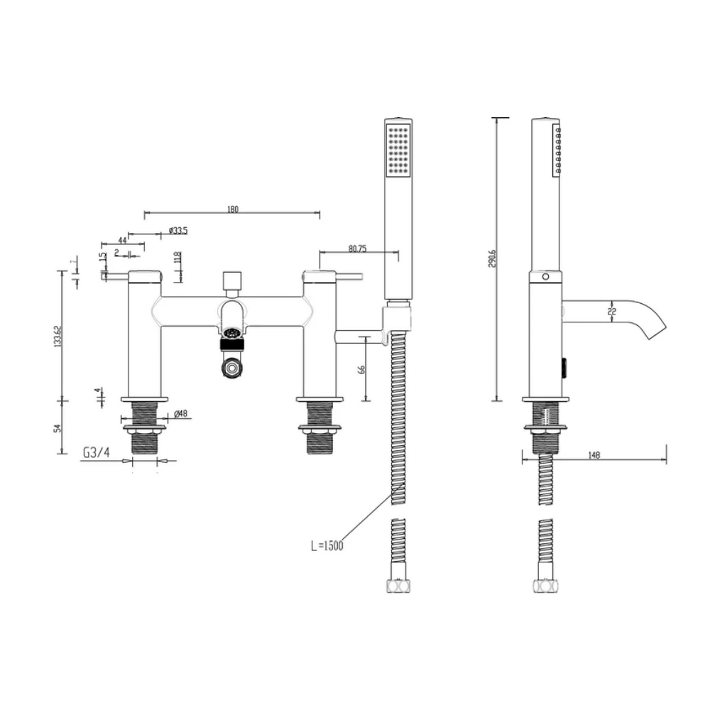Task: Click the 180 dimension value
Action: tap(232, 209)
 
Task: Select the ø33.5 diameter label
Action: tap(178, 231)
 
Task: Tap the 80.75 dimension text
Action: tap(358, 248)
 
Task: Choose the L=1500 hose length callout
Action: tap(327, 545)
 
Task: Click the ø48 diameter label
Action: tap(180, 414)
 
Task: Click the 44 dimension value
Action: tap(122, 241)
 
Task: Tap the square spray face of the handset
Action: tap(398, 150)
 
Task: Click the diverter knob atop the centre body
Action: tap(231, 282)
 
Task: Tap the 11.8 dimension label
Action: tap(177, 258)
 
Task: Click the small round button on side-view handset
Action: tap(545, 275)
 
